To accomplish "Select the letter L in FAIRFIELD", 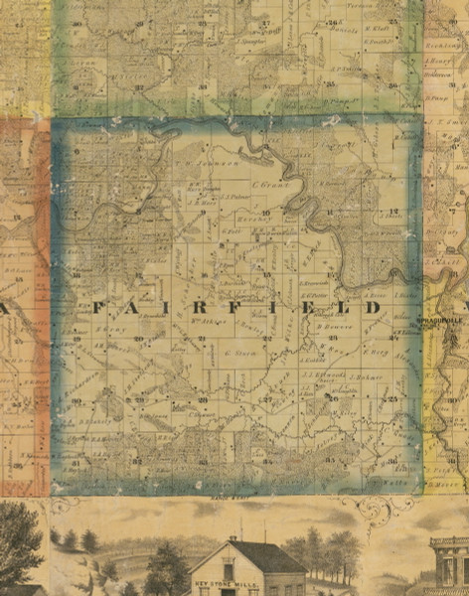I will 344,309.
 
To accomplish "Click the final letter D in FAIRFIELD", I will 373,309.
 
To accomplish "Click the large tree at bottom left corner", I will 18,544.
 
